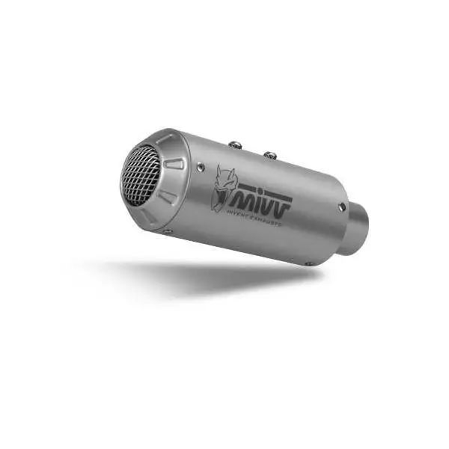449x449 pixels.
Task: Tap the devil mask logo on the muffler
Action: coord(222,187)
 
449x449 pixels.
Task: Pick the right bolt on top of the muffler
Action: coord(269,155)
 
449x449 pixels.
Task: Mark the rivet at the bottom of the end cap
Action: coord(168,231)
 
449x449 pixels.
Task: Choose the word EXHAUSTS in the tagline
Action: coord(271,219)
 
